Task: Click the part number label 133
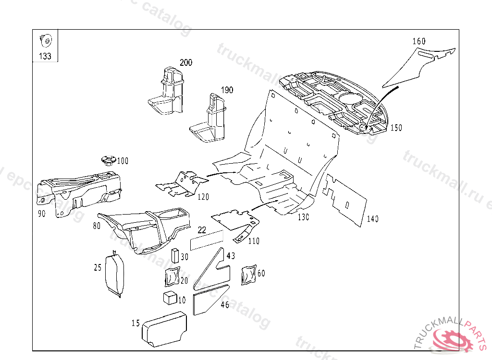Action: (x=45, y=56)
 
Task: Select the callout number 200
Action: (x=186, y=62)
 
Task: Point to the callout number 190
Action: (x=227, y=90)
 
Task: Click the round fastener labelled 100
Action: (x=108, y=159)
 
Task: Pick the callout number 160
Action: (x=419, y=41)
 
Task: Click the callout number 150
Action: (x=396, y=128)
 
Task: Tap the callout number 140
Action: (x=372, y=219)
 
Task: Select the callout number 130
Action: (x=303, y=217)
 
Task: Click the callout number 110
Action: (x=254, y=241)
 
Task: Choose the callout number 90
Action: (x=42, y=214)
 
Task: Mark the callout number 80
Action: (x=97, y=225)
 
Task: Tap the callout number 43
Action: (x=231, y=256)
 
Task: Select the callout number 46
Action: (x=225, y=304)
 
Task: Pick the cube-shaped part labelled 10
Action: (x=170, y=298)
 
